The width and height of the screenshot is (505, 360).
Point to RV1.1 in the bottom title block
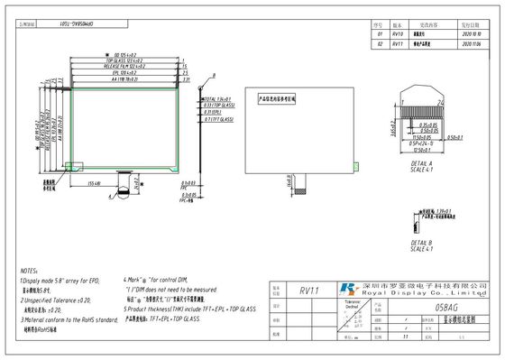[308, 291]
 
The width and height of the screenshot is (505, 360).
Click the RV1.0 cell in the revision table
[399, 33]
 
